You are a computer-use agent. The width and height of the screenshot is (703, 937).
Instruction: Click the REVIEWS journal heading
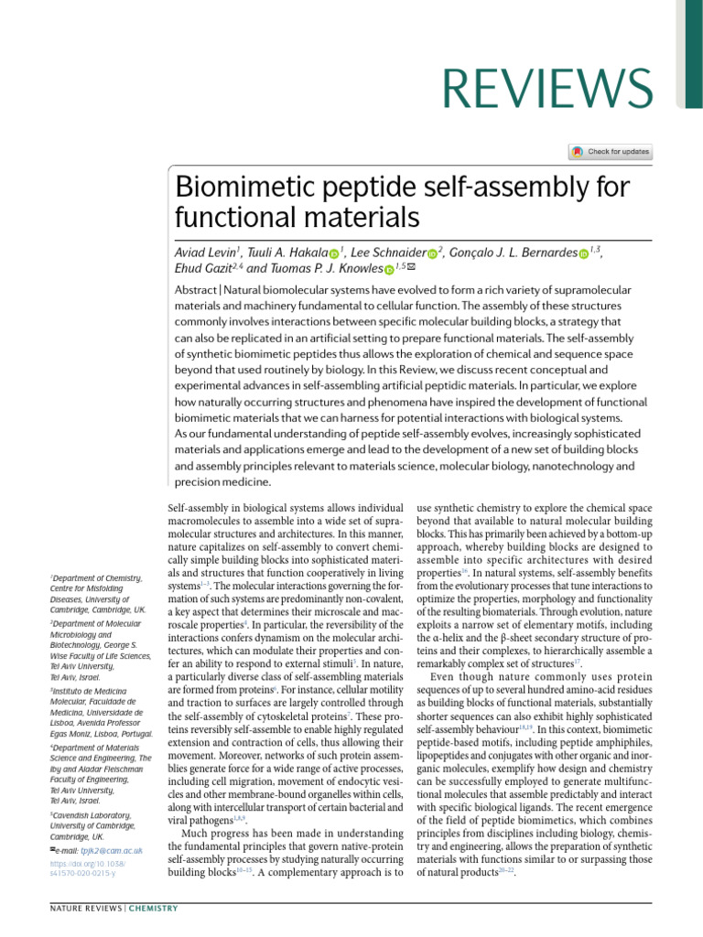546,88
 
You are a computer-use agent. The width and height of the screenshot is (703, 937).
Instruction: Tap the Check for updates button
611,152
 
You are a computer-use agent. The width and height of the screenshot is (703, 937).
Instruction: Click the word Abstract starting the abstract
196,289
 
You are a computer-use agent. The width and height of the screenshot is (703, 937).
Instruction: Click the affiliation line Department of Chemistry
97,578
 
